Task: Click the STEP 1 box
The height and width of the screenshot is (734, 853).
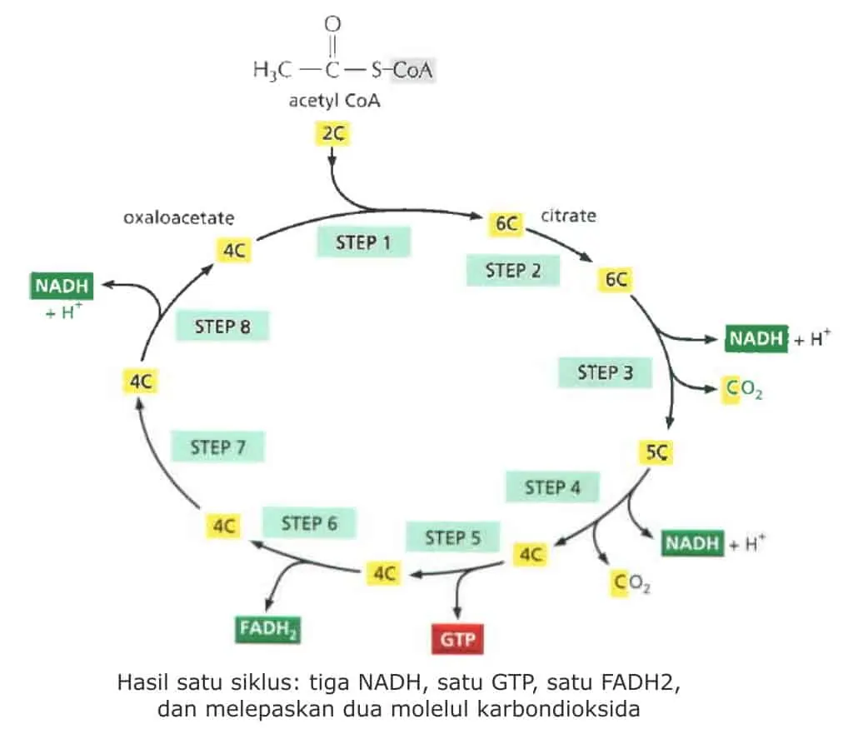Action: click(x=363, y=242)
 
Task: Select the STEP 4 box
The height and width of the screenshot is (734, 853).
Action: click(x=552, y=487)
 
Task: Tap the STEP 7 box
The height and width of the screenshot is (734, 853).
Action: click(x=217, y=447)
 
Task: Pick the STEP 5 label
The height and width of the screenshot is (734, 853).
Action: click(x=452, y=537)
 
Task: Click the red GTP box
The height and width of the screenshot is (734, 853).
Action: click(x=457, y=639)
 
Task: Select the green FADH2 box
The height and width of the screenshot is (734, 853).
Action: click(x=267, y=630)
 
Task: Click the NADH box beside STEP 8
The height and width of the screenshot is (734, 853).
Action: click(x=62, y=287)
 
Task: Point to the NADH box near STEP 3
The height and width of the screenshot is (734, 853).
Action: click(x=756, y=338)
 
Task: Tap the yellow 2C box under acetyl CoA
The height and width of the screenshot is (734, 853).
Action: click(x=333, y=134)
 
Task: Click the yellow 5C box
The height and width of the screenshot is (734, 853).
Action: click(x=656, y=452)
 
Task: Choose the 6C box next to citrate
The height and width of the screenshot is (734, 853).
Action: click(x=506, y=223)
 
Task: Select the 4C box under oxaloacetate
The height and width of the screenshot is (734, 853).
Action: click(x=234, y=250)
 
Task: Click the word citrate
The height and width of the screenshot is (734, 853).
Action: click(x=568, y=216)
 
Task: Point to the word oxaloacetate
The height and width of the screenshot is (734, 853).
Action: click(x=179, y=217)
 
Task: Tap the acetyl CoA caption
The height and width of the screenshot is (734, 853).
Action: click(x=335, y=101)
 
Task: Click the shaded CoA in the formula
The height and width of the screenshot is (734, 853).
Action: click(x=412, y=70)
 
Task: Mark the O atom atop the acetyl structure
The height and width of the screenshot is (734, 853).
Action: click(x=332, y=24)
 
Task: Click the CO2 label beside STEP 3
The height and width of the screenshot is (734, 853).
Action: click(x=744, y=390)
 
